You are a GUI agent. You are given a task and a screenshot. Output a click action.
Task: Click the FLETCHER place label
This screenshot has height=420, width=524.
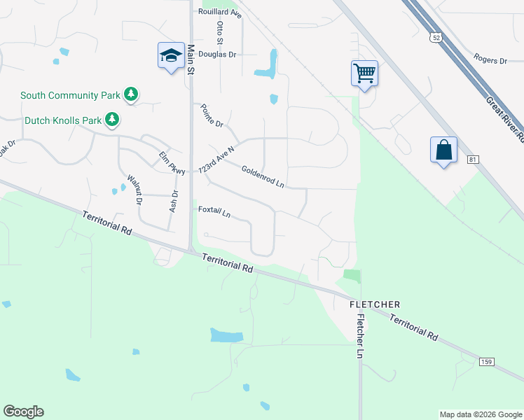375,304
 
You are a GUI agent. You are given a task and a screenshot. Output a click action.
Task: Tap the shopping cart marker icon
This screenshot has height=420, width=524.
364,72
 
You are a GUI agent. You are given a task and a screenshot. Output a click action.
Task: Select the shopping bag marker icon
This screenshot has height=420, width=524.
443,150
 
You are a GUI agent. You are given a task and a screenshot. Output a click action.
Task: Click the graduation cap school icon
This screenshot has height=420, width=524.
170,56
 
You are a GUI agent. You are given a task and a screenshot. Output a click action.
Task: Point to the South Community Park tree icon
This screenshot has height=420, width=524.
130,94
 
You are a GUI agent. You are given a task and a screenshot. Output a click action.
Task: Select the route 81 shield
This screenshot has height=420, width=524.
474,160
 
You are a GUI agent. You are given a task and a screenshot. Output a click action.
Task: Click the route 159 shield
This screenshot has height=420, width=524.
487,362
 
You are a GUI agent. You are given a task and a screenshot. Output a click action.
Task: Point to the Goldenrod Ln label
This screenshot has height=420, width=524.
263,176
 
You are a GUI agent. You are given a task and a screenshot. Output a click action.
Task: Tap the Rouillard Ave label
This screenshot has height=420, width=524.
220,13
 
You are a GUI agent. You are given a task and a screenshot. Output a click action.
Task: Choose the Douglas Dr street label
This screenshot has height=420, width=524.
218,54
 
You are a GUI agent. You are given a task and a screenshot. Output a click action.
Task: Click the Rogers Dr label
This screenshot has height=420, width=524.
490,60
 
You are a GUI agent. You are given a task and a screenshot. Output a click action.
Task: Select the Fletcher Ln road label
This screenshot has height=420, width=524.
360,336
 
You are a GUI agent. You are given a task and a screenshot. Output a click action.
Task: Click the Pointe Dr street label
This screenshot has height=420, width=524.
211,115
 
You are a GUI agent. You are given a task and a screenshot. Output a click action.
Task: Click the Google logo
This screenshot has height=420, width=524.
23,412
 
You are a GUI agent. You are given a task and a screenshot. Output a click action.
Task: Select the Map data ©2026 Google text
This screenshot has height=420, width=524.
481,414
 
